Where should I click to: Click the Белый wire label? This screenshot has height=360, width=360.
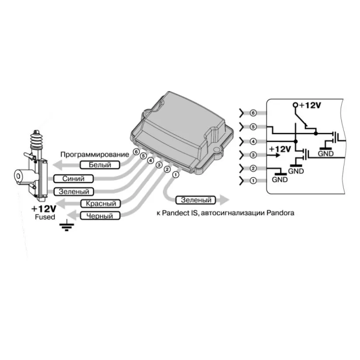100,165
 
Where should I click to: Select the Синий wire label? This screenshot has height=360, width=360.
74,179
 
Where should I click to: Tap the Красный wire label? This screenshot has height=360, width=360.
101,203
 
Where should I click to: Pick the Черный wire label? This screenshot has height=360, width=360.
100,216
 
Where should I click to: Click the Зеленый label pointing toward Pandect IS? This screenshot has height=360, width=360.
196,200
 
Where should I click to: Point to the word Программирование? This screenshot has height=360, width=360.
95,155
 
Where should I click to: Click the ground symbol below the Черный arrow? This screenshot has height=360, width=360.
67,225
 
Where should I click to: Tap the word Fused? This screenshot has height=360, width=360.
45,217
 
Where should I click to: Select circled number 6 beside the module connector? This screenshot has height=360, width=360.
136,152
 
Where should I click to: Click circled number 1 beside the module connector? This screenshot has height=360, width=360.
176,175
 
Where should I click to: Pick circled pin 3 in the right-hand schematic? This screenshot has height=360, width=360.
253,155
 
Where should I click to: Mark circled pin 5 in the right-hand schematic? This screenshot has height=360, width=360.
253,127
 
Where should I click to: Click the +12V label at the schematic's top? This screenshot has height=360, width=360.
310,105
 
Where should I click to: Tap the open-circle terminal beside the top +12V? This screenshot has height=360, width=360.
295,105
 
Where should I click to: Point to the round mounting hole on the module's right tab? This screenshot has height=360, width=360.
216,150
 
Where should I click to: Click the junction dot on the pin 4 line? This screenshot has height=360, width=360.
296,141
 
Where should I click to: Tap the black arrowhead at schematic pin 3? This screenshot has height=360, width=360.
278,155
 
